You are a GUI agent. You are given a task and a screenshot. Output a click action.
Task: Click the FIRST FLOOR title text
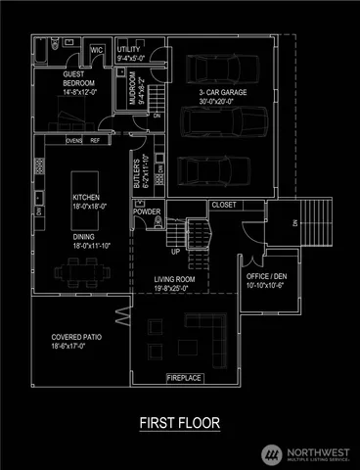coord(179,423)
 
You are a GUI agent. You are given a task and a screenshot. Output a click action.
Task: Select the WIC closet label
coord(98,50)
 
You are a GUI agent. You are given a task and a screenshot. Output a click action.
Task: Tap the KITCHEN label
coord(86,197)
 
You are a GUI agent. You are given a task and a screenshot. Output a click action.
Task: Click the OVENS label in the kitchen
coord(73,140)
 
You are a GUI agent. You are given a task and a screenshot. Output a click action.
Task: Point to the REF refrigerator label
coord(95,140)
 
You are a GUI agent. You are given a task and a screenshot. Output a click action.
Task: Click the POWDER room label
coord(147,211)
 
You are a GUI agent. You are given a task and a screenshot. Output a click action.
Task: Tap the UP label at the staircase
coord(176,251)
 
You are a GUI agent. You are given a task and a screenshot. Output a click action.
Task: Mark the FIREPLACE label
coord(185,377)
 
